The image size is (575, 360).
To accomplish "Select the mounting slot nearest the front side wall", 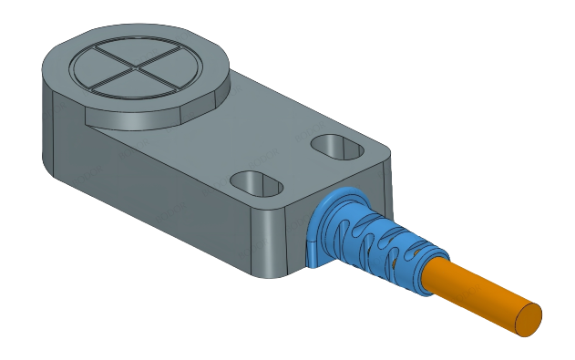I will click(x=259, y=181).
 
